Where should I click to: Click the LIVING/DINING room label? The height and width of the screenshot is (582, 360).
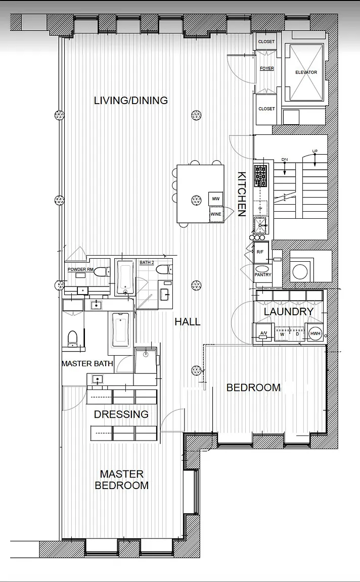point(131,100)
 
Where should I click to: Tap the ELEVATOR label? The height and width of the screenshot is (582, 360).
point(306,72)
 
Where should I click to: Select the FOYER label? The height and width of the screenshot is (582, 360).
point(267,68)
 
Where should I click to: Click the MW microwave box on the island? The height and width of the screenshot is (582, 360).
point(216,199)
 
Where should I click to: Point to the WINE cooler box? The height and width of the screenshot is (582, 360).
point(216,214)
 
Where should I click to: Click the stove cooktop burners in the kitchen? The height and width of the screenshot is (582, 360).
point(260,176)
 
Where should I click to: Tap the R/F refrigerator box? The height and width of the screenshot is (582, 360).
point(260,252)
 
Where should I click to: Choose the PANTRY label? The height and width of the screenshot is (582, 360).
point(263,275)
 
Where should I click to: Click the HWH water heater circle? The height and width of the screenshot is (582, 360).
point(315,333)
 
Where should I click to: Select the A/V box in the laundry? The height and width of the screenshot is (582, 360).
point(263,333)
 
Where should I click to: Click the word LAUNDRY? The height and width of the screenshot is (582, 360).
point(289,312)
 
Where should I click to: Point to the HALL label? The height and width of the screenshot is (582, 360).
point(188,322)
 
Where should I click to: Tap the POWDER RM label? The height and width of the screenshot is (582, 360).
point(80,269)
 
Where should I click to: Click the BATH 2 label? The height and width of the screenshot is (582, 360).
point(147,262)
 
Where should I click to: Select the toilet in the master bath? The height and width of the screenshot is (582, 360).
point(72,338)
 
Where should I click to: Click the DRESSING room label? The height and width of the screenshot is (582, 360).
point(121,414)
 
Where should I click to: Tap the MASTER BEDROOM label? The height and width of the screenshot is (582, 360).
point(122,479)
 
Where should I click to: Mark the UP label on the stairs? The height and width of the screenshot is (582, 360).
point(315,151)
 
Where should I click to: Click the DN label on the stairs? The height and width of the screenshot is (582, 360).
point(285,160)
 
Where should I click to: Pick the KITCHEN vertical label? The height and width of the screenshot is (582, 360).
point(242,194)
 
